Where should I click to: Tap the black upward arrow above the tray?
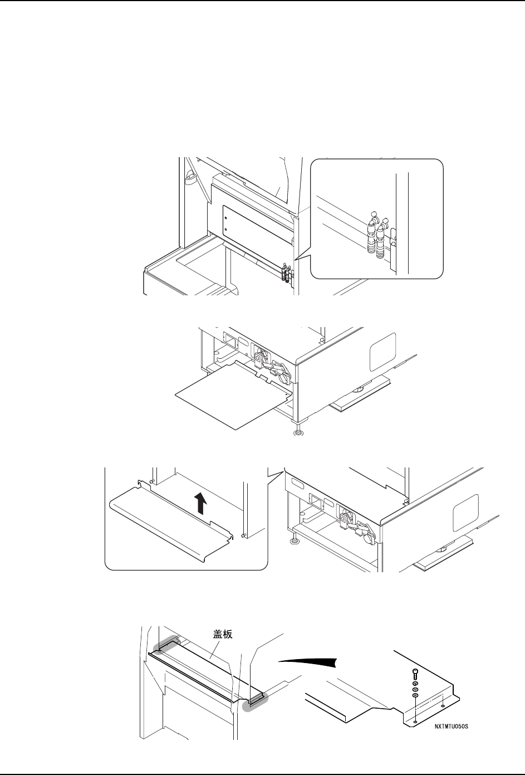pos(202,505)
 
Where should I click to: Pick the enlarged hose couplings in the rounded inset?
pos(377,236)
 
